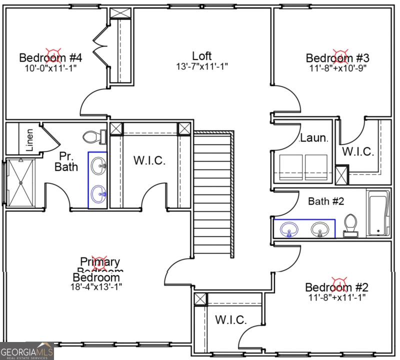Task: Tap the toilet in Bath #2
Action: (350, 225)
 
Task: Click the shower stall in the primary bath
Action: (20, 182)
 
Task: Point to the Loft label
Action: (201, 56)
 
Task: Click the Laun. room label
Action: (313, 138)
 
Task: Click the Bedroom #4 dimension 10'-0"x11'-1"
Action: (50, 68)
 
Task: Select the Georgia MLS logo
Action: (26, 351)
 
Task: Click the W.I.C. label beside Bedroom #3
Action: (358, 152)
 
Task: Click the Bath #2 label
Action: (325, 201)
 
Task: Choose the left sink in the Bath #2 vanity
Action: (288, 230)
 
